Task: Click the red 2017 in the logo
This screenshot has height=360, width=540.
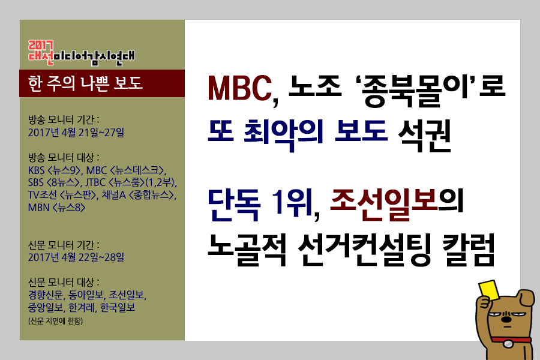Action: (x=41, y=46)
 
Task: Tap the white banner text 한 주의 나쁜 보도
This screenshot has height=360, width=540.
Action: (x=85, y=83)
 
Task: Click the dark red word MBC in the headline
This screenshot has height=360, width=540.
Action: (x=239, y=88)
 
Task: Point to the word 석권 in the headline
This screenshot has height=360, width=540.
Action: (x=424, y=134)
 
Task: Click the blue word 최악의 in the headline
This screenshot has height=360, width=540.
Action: (x=284, y=134)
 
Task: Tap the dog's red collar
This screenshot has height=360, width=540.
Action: (x=511, y=340)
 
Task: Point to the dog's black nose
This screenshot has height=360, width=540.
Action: (x=506, y=319)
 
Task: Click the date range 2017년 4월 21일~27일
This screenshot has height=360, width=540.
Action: (x=76, y=132)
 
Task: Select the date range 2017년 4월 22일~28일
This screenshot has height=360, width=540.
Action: (x=76, y=257)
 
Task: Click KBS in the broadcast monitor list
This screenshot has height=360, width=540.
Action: (x=37, y=170)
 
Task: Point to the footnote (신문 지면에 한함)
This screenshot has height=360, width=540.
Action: (x=55, y=321)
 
